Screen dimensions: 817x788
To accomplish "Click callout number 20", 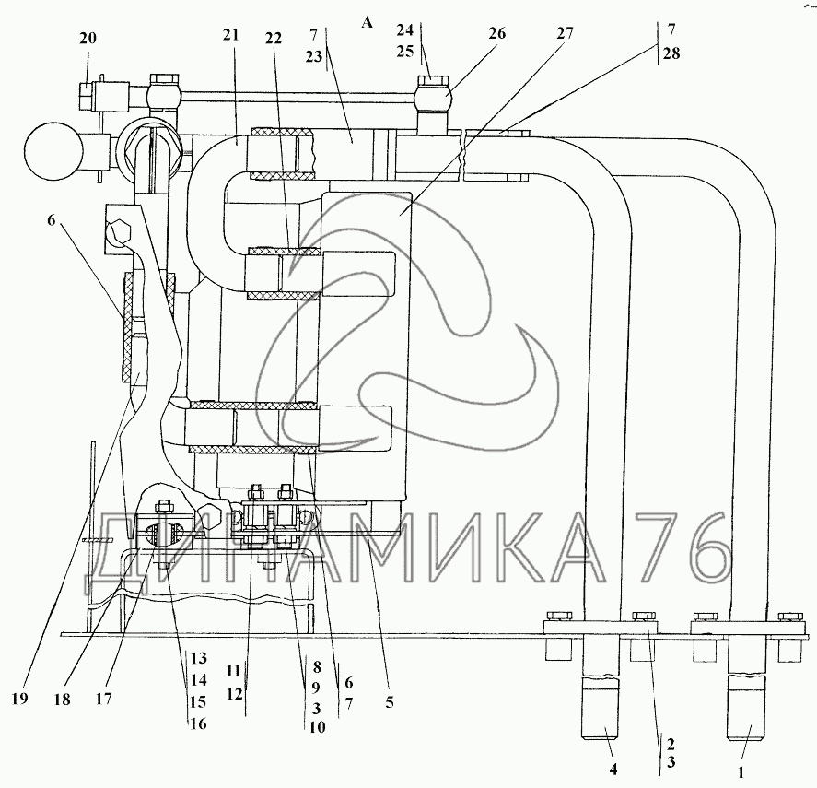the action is (x=88, y=39).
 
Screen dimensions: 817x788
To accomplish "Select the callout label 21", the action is (x=230, y=35).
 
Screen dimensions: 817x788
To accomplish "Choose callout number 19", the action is (x=21, y=699).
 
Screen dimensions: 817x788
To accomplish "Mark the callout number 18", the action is (x=61, y=699).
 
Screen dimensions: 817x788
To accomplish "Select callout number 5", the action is (x=390, y=703).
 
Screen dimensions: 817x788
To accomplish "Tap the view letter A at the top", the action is (x=367, y=24).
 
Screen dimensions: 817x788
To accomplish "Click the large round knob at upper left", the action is (x=53, y=150).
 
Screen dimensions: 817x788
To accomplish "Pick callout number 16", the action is (x=197, y=724).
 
